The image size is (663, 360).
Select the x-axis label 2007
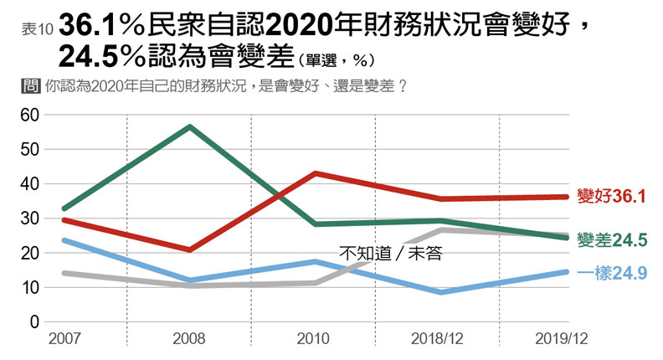pos(64,340)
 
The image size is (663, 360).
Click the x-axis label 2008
pos(189,340)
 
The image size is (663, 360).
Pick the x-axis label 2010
pos(314,340)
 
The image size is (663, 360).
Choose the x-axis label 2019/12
pos(560,340)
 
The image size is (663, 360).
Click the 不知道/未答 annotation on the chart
pos(389,251)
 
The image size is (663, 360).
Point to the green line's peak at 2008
pos(190,127)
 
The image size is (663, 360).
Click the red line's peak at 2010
pos(314,173)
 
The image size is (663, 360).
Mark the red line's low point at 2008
pos(190,249)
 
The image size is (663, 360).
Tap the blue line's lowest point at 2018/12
pos(439,292)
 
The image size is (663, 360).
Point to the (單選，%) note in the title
pos(334,60)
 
